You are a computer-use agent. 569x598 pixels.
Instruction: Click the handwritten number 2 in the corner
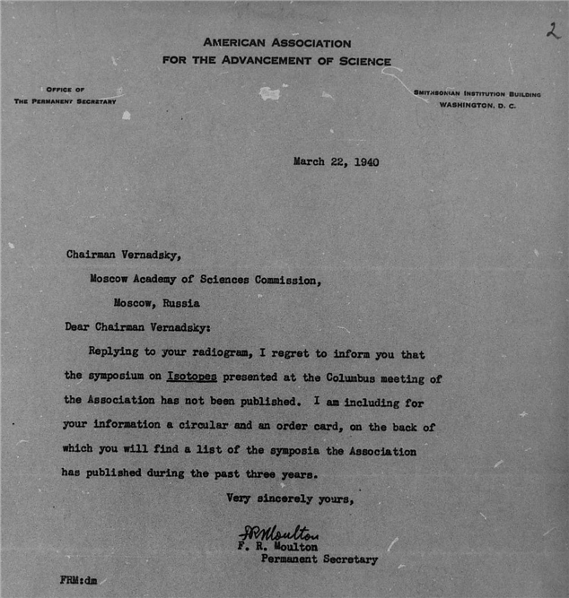click(550, 30)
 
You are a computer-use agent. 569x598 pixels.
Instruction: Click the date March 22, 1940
click(336, 162)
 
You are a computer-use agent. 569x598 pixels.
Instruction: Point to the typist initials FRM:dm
click(79, 580)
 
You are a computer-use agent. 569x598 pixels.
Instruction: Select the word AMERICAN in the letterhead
click(238, 43)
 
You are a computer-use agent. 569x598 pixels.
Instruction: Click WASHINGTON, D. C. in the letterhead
click(477, 105)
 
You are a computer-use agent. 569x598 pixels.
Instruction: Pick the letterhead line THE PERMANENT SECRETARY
click(65, 101)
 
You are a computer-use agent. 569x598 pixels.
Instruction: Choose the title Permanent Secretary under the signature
click(319, 560)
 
